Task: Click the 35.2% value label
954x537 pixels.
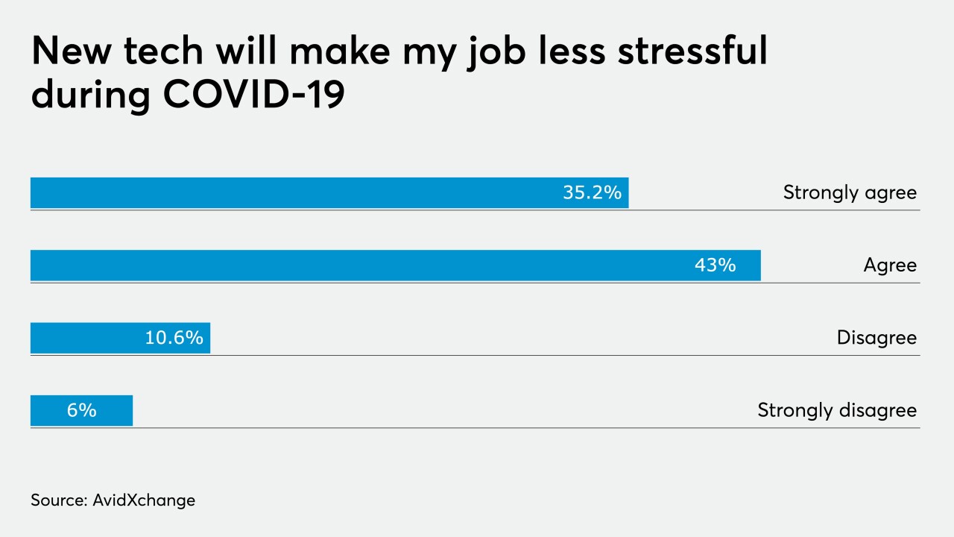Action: point(592,192)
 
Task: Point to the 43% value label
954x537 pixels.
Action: point(715,266)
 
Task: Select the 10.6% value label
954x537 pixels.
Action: point(174,338)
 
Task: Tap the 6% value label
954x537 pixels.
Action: point(81,410)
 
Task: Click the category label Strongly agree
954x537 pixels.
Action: point(850,192)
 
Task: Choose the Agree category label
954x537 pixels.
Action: point(890,266)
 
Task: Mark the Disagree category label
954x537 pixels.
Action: point(876,338)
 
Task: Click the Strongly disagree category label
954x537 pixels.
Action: point(837,410)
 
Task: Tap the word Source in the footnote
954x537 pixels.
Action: point(57,500)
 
